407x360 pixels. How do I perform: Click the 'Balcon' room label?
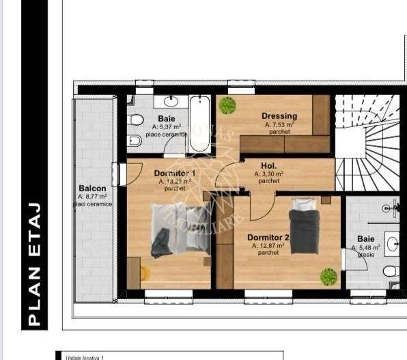click(92, 188)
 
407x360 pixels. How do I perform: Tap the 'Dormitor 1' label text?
click(174, 174)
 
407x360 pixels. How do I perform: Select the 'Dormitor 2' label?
click(268, 238)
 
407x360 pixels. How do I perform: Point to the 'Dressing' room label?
click(279, 116)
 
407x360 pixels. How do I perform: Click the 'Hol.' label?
click(268, 166)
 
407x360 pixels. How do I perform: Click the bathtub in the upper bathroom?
click(200, 123)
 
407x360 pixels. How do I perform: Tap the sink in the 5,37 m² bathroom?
click(170, 102)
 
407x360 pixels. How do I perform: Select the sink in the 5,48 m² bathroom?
click(393, 243)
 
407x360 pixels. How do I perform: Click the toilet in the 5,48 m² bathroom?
click(390, 271)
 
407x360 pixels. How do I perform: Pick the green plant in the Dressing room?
click(227, 106)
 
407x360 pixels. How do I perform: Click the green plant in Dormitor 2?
click(328, 276)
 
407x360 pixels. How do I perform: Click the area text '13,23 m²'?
click(174, 182)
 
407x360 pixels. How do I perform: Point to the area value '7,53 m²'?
click(279, 124)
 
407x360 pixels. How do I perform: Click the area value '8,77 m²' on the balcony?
click(93, 197)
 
